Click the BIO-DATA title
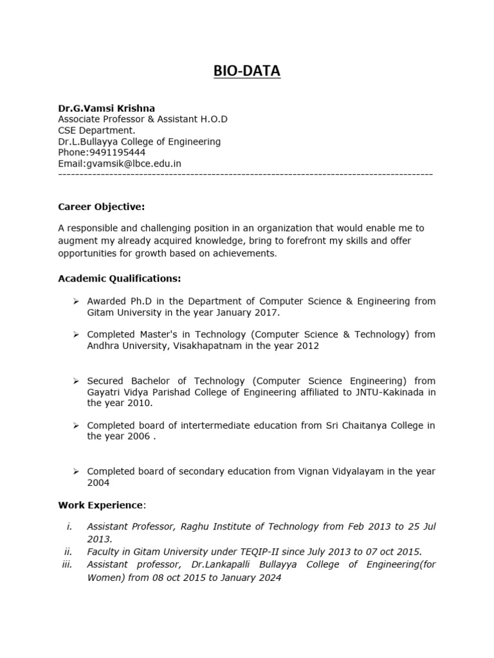247,71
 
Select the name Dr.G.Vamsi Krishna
106,108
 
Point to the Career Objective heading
101,206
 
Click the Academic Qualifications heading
119,278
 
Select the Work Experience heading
100,504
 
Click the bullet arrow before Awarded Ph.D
75,301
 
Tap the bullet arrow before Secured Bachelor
75,381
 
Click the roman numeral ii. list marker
68,551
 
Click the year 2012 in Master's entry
307,346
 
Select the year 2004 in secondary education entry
98,483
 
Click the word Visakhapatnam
208,346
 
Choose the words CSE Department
96,130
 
